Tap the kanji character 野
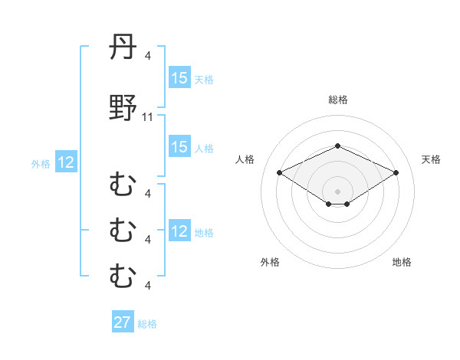tap(123, 109)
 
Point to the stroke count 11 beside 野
tap(148, 117)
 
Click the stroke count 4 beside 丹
tap(148, 55)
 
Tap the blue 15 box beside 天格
tap(179, 78)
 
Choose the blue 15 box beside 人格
tap(179, 147)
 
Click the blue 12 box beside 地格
tap(179, 231)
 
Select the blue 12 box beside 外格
tap(66, 162)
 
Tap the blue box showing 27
tap(123, 322)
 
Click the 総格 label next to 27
tap(147, 324)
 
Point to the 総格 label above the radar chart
tap(338, 100)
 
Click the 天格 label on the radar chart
tap(431, 159)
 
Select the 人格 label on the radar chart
tap(245, 159)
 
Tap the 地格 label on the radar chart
tap(402, 262)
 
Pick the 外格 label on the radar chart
tap(270, 262)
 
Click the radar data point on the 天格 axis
tap(396, 172)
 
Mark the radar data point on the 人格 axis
tap(279, 172)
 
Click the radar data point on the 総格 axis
tap(337, 146)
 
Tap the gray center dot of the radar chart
tap(337, 191)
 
